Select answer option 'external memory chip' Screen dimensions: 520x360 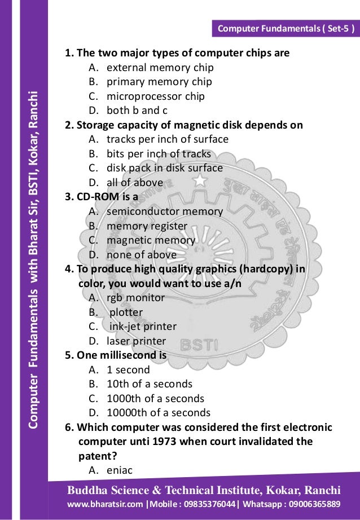[x=160, y=68]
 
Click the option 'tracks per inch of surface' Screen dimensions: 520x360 [x=167, y=139]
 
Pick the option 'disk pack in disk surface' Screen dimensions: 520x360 [x=164, y=168]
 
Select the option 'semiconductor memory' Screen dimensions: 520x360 [x=164, y=211]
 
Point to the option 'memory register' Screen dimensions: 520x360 [x=147, y=226]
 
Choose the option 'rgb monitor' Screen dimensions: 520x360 [x=135, y=297]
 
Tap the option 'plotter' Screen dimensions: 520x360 [x=126, y=312]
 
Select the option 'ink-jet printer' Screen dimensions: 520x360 [x=143, y=327]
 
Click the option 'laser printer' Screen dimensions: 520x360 [x=136, y=341]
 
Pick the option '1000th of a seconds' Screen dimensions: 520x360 [x=155, y=398]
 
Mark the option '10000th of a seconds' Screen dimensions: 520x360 [x=158, y=412]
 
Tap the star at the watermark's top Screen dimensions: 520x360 [x=200, y=180]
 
